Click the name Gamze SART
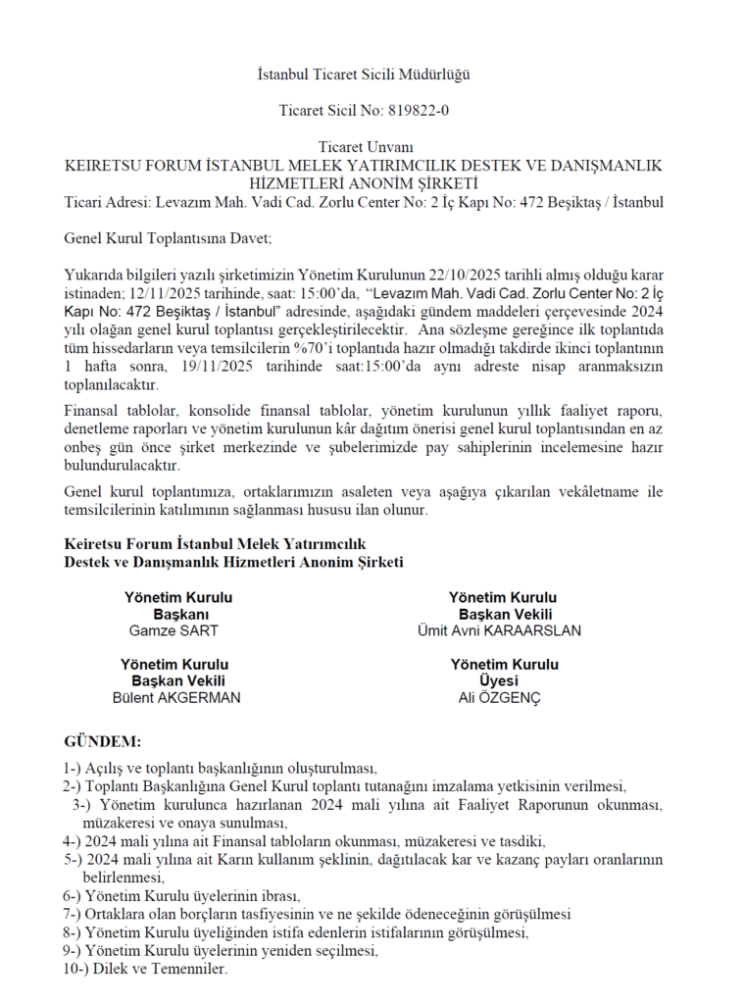pyautogui.click(x=174, y=630)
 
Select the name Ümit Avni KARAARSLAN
pyautogui.click(x=499, y=630)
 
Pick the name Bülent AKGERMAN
pyautogui.click(x=176, y=698)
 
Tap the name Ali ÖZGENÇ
pyautogui.click(x=499, y=698)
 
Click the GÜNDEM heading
pyautogui.click(x=102, y=739)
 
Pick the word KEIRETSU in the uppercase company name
pyautogui.click(x=104, y=165)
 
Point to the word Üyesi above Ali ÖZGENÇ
pyautogui.click(x=499, y=681)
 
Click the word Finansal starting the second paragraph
pyautogui.click(x=93, y=409)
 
